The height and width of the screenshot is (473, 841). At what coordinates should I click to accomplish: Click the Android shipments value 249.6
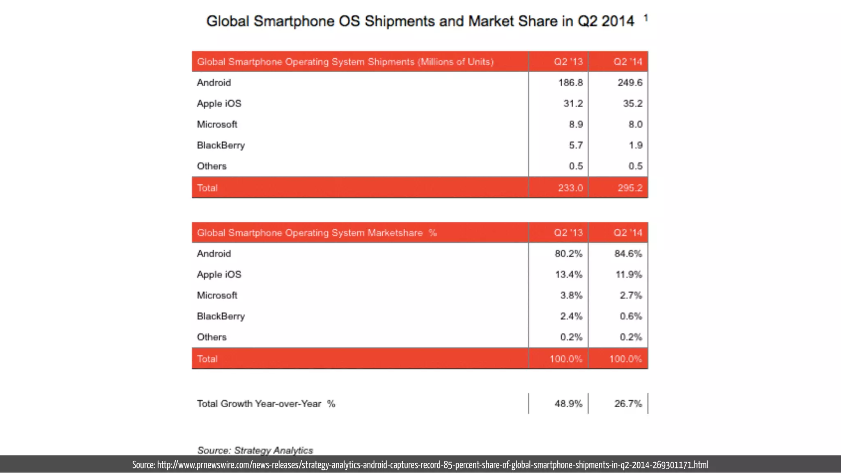[x=630, y=83]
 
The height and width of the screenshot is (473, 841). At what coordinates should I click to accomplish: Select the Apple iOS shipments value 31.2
[x=572, y=103]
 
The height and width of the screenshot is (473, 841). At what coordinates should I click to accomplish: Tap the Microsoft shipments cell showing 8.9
[x=575, y=124]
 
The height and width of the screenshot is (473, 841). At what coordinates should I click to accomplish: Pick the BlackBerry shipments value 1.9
[x=635, y=145]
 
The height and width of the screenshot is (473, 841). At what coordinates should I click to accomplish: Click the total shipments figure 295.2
[x=630, y=188]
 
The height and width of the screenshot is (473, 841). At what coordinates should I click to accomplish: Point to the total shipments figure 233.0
[x=570, y=188]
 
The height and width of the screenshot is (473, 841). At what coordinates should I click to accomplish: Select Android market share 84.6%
[x=628, y=254]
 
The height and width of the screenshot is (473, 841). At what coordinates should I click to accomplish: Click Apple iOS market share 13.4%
[x=568, y=275]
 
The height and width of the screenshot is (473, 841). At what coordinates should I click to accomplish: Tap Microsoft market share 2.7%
[x=630, y=296]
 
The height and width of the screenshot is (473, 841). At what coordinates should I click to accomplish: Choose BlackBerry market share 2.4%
[x=571, y=317]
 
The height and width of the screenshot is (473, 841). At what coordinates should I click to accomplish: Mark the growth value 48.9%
[x=568, y=404]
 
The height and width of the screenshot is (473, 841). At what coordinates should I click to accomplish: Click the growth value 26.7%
[x=627, y=404]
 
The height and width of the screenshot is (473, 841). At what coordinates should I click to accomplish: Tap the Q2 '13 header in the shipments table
[x=568, y=62]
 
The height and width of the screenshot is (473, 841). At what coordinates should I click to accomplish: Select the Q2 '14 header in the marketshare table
[x=627, y=233]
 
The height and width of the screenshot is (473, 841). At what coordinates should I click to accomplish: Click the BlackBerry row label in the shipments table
[x=221, y=145]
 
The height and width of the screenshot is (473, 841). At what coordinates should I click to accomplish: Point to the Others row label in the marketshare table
[x=211, y=337]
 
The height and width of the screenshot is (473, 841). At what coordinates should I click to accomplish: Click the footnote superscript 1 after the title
[x=646, y=18]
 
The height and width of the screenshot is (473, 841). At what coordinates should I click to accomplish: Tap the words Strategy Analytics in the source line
[x=273, y=450]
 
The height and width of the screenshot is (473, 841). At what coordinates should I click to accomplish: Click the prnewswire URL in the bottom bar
[x=432, y=465]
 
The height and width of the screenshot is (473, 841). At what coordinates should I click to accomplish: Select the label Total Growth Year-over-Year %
[x=266, y=404]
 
